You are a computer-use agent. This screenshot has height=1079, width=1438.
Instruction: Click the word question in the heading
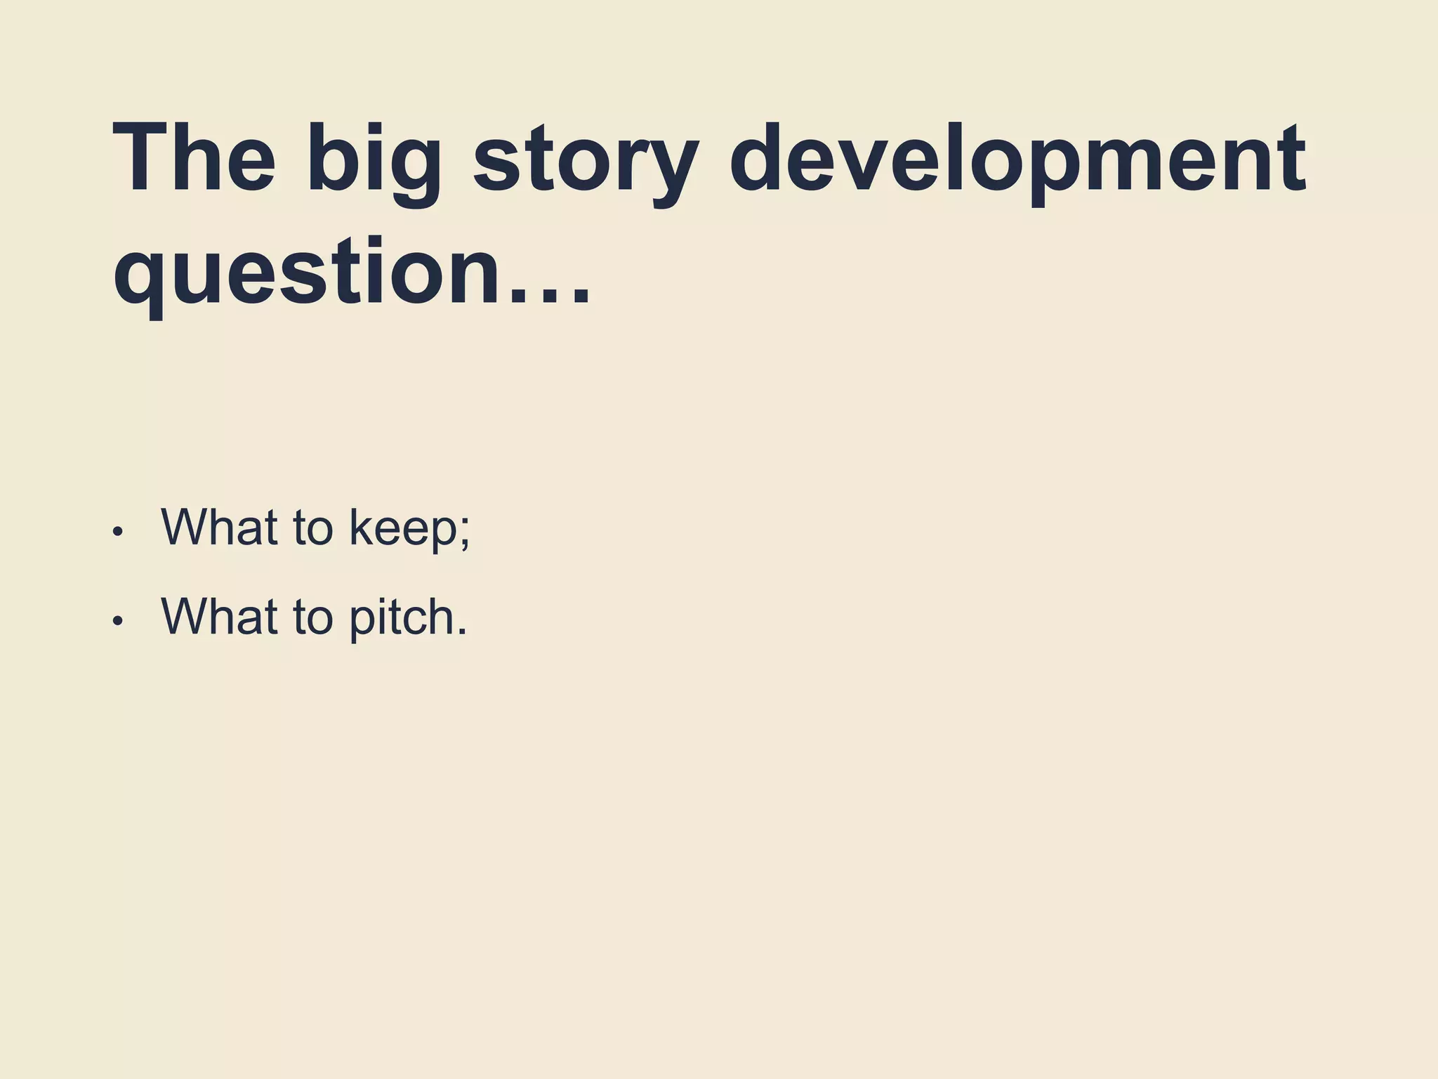(x=309, y=274)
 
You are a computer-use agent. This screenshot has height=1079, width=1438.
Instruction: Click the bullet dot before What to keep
(x=118, y=532)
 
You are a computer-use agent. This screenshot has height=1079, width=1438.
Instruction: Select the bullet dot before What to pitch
(x=118, y=621)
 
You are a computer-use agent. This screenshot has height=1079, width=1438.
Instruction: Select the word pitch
(x=401, y=617)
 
